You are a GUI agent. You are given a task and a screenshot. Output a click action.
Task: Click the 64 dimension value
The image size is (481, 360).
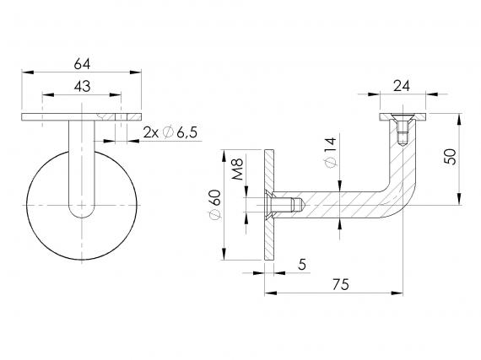pyautogui.click(x=82, y=64)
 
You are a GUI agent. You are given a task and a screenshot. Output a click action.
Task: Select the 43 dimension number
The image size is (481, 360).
pyautogui.click(x=82, y=86)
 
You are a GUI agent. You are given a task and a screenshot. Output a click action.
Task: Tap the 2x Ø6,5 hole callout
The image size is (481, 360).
pyautogui.click(x=170, y=132)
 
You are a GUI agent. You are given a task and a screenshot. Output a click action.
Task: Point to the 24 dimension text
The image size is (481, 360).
pyautogui.click(x=402, y=86)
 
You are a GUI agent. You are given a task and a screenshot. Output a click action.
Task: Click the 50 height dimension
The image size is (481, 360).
pyautogui.click(x=451, y=157)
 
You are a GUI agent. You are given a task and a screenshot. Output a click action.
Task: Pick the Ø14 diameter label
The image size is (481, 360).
pyautogui.click(x=330, y=153)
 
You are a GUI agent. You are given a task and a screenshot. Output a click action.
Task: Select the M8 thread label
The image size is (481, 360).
pyautogui.click(x=237, y=169)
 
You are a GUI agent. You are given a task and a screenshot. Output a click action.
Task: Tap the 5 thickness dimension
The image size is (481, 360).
pyautogui.click(x=302, y=264)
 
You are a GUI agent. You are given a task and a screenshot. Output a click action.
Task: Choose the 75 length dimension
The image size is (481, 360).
pyautogui.click(x=341, y=285)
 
